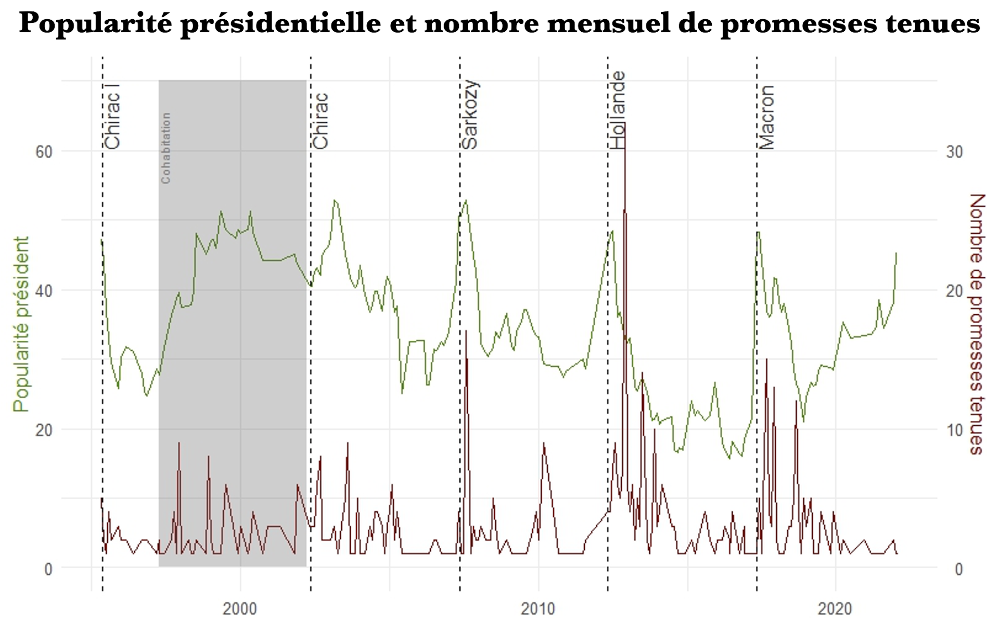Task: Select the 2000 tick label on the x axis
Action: (x=239, y=608)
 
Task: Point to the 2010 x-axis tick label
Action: (x=538, y=608)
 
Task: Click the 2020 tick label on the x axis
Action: (x=835, y=608)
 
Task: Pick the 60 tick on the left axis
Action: (x=44, y=152)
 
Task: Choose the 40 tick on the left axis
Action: (x=44, y=291)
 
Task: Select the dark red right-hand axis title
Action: (x=977, y=324)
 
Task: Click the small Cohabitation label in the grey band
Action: (x=166, y=148)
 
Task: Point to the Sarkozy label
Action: (x=470, y=115)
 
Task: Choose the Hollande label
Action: (x=618, y=110)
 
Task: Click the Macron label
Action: (x=766, y=118)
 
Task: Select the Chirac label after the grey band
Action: (x=321, y=121)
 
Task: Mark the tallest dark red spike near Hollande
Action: (x=624, y=125)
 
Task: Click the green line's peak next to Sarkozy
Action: (x=466, y=201)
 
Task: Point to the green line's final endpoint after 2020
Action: (x=896, y=253)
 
